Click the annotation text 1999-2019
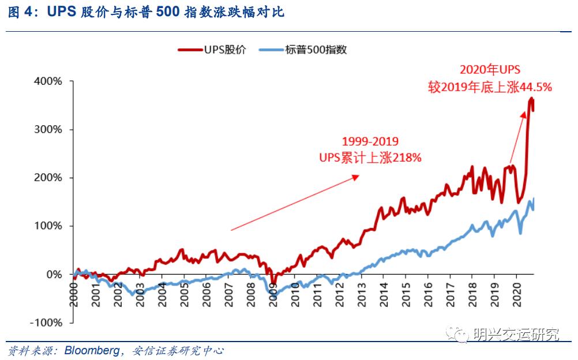(370, 141)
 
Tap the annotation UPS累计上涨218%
(370, 157)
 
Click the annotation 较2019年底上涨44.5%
(490, 87)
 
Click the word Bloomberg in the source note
(91, 350)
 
